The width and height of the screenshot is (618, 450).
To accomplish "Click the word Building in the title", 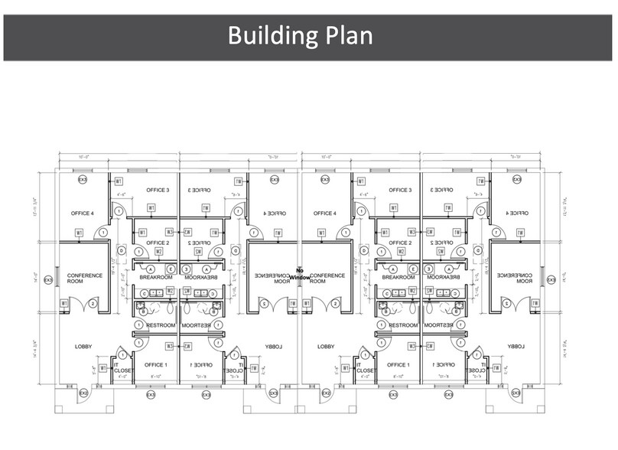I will tap(270, 35).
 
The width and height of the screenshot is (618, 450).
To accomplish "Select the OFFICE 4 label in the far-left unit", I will tap(82, 214).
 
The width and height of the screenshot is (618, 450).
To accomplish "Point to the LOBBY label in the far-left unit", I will tap(83, 347).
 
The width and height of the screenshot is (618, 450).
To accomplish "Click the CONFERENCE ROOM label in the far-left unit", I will tap(84, 279).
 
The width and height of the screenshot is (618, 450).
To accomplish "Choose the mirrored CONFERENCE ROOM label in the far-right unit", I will tap(515, 279).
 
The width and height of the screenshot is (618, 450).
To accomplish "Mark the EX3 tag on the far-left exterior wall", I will tap(47, 280).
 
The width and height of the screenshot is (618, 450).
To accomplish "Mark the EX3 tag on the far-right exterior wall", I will tap(551, 280).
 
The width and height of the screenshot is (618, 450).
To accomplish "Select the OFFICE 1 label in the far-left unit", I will tap(155, 365).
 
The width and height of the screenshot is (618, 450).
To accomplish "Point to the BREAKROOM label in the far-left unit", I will tap(154, 278).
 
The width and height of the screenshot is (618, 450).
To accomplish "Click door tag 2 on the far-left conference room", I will tap(93, 304).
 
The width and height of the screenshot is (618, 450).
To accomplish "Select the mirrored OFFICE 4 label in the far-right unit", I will tap(517, 214).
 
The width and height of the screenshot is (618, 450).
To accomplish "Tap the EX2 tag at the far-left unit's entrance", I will tap(84, 393).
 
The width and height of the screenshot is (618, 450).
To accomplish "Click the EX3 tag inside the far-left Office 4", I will tap(83, 180).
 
